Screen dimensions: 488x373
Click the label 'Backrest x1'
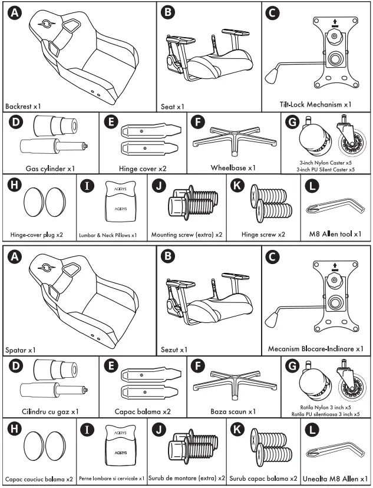click(23, 107)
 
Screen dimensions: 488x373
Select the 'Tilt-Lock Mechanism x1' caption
click(315, 104)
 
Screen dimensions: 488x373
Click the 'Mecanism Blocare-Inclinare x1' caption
click(315, 348)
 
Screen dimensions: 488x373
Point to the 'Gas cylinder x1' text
click(50, 169)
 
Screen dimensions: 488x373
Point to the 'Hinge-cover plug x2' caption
click(37, 235)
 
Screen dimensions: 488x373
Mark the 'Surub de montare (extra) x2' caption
click(187, 478)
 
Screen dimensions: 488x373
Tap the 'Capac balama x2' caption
click(143, 411)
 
